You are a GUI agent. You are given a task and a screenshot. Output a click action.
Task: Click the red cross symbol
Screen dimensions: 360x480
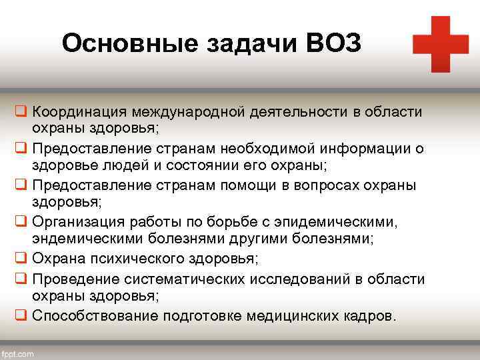pos(441,44)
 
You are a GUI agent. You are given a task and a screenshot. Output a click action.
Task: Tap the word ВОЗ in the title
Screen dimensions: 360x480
pos(335,44)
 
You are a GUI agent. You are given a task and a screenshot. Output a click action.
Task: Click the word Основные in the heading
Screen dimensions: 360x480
pos(119,44)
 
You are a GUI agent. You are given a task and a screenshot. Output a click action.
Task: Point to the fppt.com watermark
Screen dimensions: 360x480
pos(17,353)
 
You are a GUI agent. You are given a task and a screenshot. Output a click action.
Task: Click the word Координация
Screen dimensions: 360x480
pos(79,111)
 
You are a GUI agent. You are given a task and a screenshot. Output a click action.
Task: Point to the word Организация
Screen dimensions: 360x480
pos(77,221)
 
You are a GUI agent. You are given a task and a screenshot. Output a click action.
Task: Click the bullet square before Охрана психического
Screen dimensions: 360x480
pos(21,258)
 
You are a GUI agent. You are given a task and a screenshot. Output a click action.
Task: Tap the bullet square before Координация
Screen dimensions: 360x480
pos(21,111)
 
